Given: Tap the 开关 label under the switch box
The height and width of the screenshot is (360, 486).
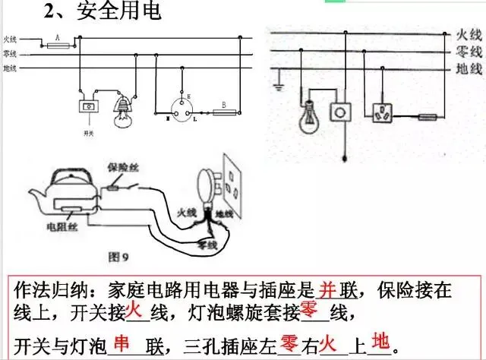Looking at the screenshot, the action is (x=89, y=131).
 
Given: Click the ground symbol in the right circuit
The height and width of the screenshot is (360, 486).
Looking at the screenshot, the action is (x=279, y=85).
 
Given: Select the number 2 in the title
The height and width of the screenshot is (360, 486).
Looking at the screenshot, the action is (x=51, y=12).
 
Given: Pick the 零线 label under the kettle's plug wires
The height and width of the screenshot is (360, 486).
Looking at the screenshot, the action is (x=207, y=245).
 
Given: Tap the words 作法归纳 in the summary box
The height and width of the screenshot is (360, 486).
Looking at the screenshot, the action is (x=47, y=291).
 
